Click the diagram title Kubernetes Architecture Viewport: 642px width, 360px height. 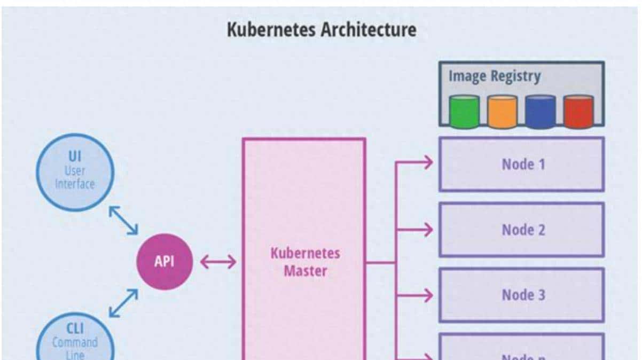point(321,29)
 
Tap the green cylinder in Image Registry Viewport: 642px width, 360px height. point(463,112)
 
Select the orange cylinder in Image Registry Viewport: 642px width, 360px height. point(502,112)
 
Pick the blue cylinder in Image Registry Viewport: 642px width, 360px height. point(540,112)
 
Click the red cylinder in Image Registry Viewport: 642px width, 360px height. point(578,112)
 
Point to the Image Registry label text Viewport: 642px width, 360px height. point(494,76)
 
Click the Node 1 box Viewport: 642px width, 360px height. point(522,164)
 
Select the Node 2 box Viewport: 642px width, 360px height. point(522,230)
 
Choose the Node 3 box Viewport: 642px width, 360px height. point(522,295)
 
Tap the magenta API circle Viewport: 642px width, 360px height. point(164,262)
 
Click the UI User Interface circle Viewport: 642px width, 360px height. point(75,170)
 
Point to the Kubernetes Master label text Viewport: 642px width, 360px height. point(305,262)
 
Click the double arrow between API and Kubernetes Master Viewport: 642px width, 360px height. point(218,262)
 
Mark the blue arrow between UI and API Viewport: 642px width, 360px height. point(123,220)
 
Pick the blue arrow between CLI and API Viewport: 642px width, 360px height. point(123,303)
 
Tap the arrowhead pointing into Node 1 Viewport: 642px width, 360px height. point(427,162)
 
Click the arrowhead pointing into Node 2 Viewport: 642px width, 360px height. point(427,230)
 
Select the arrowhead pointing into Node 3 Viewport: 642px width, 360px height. point(427,295)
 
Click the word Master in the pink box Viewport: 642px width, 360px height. point(305,271)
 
